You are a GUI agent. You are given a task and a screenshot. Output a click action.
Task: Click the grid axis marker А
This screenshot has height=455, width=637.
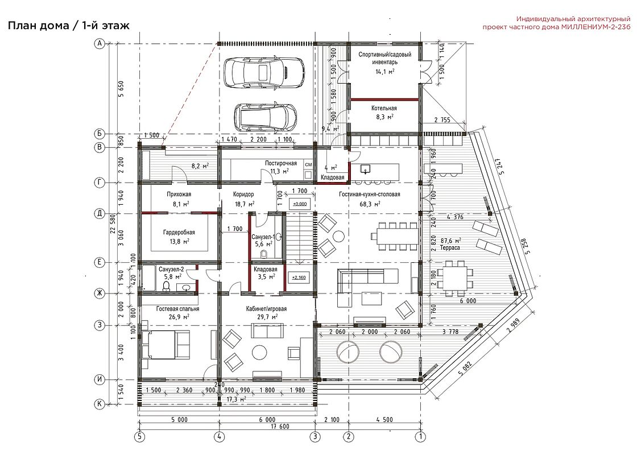coord(100,43)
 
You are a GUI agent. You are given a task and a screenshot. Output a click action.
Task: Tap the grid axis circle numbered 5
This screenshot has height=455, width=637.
coord(139,437)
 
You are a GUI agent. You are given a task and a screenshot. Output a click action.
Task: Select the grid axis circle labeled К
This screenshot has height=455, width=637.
coord(100,404)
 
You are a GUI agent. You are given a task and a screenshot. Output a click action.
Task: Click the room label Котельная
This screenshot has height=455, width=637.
coord(384,109)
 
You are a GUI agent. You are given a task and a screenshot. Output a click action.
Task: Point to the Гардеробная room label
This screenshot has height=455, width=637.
coord(179,233)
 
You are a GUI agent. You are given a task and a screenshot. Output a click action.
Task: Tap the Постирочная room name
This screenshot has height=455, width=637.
coord(281,163)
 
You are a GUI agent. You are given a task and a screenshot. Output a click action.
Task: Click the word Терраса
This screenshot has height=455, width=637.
coord(450,247)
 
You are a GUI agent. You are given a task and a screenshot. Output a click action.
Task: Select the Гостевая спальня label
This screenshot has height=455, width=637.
coord(177,309)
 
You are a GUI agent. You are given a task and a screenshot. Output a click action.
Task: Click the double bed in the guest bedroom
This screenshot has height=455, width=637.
coord(166,345)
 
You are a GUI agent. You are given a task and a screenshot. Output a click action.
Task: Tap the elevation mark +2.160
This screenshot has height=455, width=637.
coord(299,278)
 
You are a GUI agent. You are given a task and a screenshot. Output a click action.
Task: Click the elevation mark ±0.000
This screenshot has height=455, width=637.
coord(299,204)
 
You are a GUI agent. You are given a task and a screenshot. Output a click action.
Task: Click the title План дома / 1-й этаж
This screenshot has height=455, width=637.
coord(69,26)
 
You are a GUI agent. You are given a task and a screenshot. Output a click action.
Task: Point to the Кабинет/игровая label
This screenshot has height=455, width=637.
coord(267,309)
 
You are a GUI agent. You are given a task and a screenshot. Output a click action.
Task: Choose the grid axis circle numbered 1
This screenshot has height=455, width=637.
coord(420,437)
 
